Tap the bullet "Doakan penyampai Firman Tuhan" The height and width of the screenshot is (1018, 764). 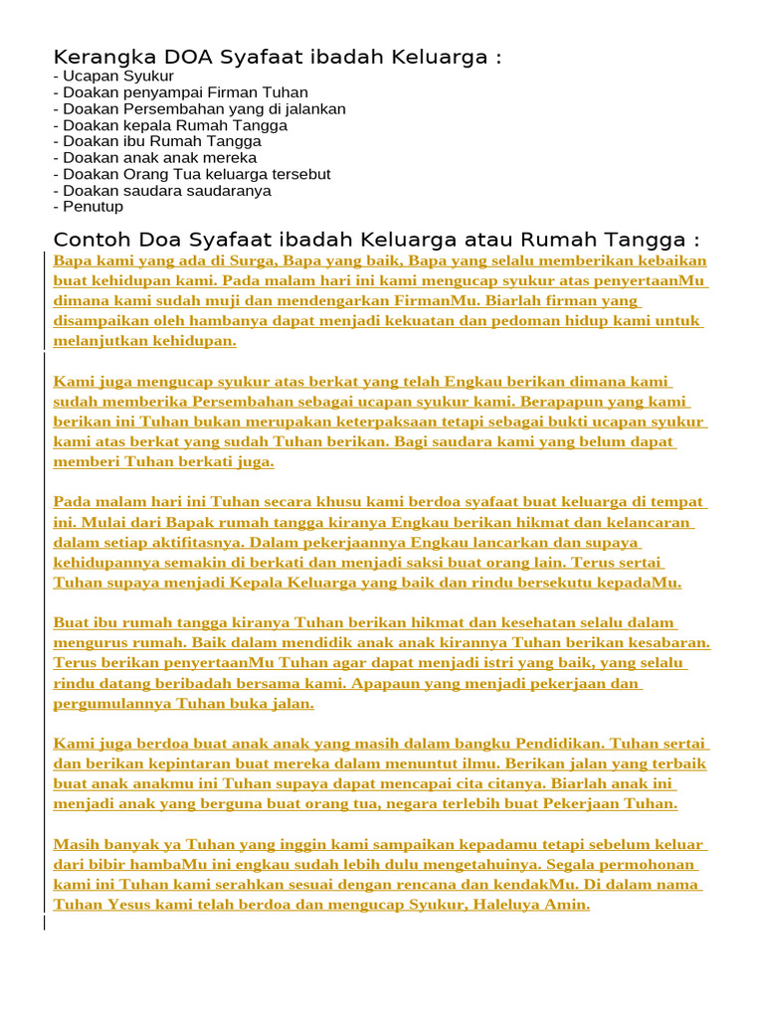pos(184,92)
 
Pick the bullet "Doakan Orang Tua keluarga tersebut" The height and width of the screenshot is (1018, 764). pos(196,174)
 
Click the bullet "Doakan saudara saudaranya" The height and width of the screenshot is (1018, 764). pos(166,191)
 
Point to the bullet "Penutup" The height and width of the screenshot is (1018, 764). pos(93,207)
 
